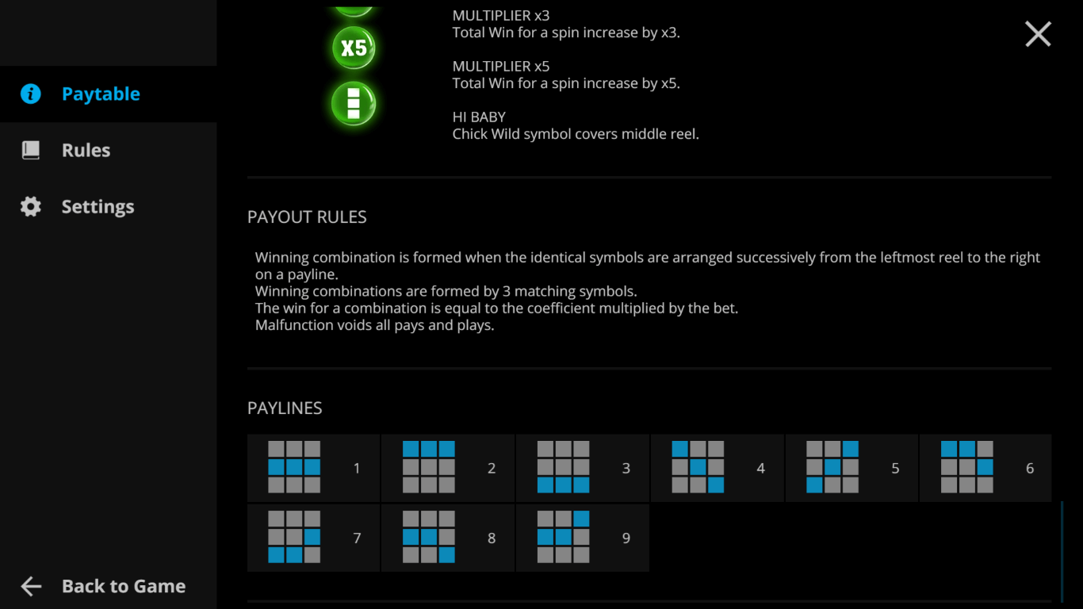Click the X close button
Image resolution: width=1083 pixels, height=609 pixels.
click(x=1038, y=34)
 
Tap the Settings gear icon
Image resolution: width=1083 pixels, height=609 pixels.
click(x=30, y=206)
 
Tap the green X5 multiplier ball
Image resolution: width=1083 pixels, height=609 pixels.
click(x=354, y=48)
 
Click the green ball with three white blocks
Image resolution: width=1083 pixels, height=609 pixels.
click(x=354, y=104)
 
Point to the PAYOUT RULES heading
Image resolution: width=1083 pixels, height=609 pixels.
click(x=307, y=217)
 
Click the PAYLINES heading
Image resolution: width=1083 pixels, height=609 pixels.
click(x=285, y=408)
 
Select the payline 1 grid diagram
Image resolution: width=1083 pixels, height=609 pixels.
click(x=294, y=467)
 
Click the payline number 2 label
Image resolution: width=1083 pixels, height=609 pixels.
click(x=492, y=468)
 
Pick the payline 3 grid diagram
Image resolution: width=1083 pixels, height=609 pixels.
click(x=563, y=467)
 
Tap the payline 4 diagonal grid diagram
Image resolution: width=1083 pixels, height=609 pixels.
click(x=698, y=467)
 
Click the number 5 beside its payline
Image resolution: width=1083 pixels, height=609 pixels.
click(x=895, y=468)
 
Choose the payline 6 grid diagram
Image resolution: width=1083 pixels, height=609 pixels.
click(x=967, y=467)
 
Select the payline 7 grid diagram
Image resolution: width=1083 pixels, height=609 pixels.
click(x=294, y=537)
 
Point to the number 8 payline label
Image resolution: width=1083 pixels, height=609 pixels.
click(x=492, y=538)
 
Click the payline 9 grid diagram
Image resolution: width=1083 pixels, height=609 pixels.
click(x=563, y=537)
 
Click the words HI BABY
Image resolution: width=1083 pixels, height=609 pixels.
click(x=479, y=117)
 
